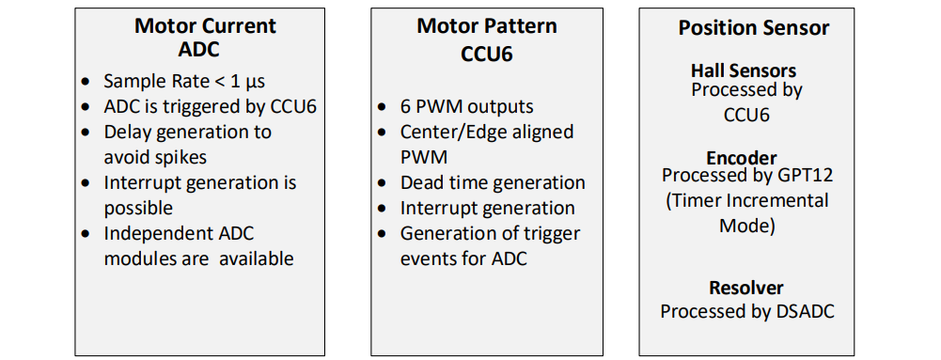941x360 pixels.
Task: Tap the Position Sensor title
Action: pos(754,28)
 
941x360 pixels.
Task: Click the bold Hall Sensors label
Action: pos(743,70)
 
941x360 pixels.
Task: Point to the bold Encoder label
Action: pos(742,158)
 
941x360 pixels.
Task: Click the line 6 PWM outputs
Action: pos(466,106)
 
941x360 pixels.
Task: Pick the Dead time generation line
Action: pos(493,182)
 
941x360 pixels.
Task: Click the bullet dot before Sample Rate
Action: pos(86,82)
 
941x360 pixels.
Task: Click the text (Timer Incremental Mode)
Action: pos(747,212)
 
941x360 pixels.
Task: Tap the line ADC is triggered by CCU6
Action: pos(210,106)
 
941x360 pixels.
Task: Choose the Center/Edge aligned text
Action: pos(486,132)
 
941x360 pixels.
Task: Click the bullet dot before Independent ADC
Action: pos(86,234)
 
